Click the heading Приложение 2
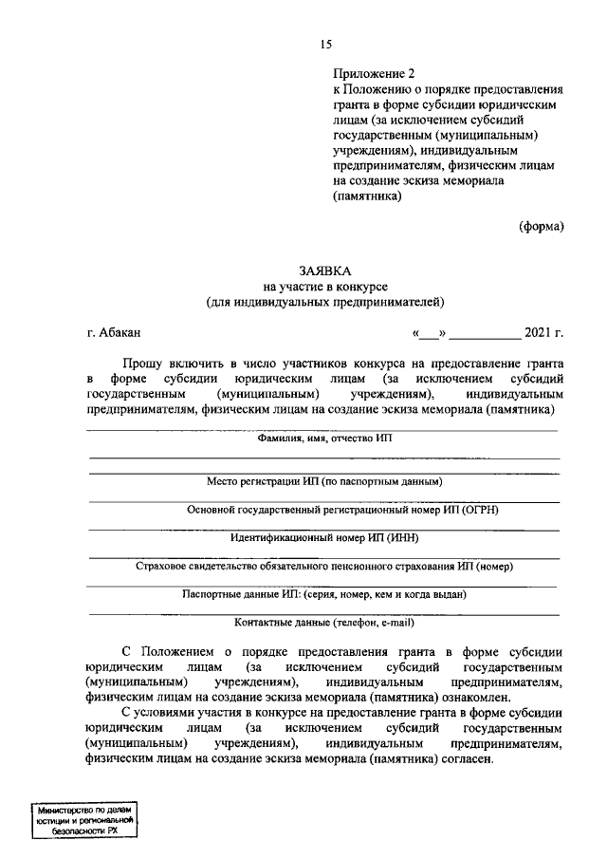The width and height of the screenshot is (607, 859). (374, 73)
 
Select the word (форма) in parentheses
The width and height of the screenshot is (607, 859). (541, 226)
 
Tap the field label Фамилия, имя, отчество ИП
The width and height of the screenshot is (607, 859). (323, 439)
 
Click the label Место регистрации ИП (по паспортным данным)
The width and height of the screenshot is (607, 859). (323, 482)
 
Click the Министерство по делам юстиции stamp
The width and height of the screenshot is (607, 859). (84, 817)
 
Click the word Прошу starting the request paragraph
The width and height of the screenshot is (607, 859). (143, 363)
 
